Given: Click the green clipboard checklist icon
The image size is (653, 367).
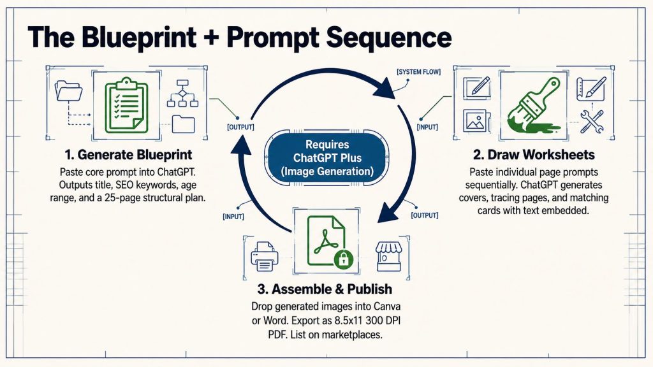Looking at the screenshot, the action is [126, 106].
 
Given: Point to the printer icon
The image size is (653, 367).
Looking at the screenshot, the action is [265, 256].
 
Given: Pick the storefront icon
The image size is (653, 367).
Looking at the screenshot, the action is [388, 256].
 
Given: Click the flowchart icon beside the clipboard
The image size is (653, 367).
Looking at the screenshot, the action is [182, 94].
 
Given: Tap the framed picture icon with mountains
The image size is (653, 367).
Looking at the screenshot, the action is [474, 121].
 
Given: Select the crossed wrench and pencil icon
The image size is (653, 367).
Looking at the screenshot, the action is [592, 121].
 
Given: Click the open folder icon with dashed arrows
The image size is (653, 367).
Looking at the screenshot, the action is [69, 92].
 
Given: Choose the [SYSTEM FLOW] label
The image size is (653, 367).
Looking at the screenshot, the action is [418, 72].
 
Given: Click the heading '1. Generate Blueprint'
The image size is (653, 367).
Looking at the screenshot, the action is [128, 155].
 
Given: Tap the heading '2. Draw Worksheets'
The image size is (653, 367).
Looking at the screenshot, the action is [534, 155].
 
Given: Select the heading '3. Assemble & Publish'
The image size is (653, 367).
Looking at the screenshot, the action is [325, 289].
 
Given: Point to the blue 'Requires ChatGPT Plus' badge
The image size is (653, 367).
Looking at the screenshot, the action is [327, 158].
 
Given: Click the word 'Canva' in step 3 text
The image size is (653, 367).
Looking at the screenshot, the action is [387, 306].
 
